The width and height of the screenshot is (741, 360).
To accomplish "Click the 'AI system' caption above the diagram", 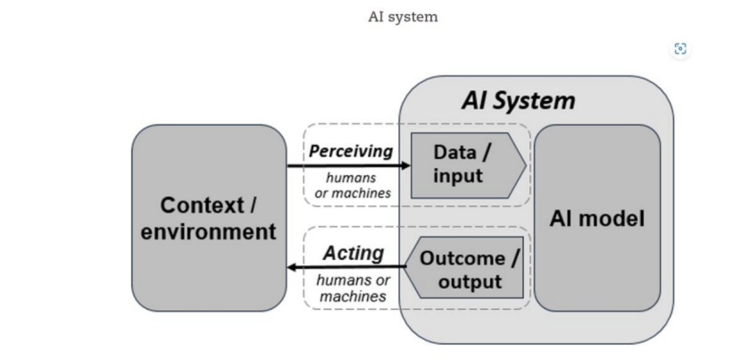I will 404,17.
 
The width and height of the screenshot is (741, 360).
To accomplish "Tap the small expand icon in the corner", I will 681,49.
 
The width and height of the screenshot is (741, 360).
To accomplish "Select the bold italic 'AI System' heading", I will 518,100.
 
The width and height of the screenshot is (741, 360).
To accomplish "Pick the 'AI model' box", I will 597,218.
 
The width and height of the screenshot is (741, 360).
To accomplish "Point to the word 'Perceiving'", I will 351,151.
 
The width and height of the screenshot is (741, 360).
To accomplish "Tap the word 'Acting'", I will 353,253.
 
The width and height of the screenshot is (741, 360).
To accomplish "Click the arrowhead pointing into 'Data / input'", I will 404,165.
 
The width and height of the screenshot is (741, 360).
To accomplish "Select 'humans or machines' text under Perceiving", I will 351,185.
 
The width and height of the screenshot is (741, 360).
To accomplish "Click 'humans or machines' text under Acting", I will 353,288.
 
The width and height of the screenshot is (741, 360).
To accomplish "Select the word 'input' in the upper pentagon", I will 457,175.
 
